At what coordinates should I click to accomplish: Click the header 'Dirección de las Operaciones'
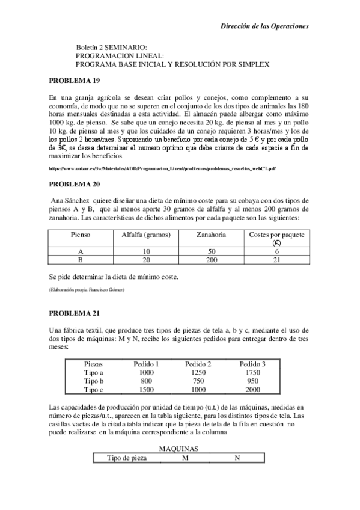[264, 26]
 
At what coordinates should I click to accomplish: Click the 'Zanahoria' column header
[211, 234]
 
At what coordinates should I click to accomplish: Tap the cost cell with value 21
[276, 260]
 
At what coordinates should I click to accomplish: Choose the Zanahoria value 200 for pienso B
[211, 260]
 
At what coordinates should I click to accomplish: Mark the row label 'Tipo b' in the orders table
[95, 381]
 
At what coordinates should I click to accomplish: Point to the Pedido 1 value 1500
[146, 390]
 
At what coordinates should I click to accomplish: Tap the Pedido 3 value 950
[252, 381]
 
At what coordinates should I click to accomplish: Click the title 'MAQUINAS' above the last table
[179, 448]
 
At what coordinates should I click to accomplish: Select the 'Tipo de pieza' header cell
[126, 458]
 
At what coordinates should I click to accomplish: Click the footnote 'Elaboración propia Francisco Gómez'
[87, 290]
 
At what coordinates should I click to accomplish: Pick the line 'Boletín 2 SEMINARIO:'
[112, 47]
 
